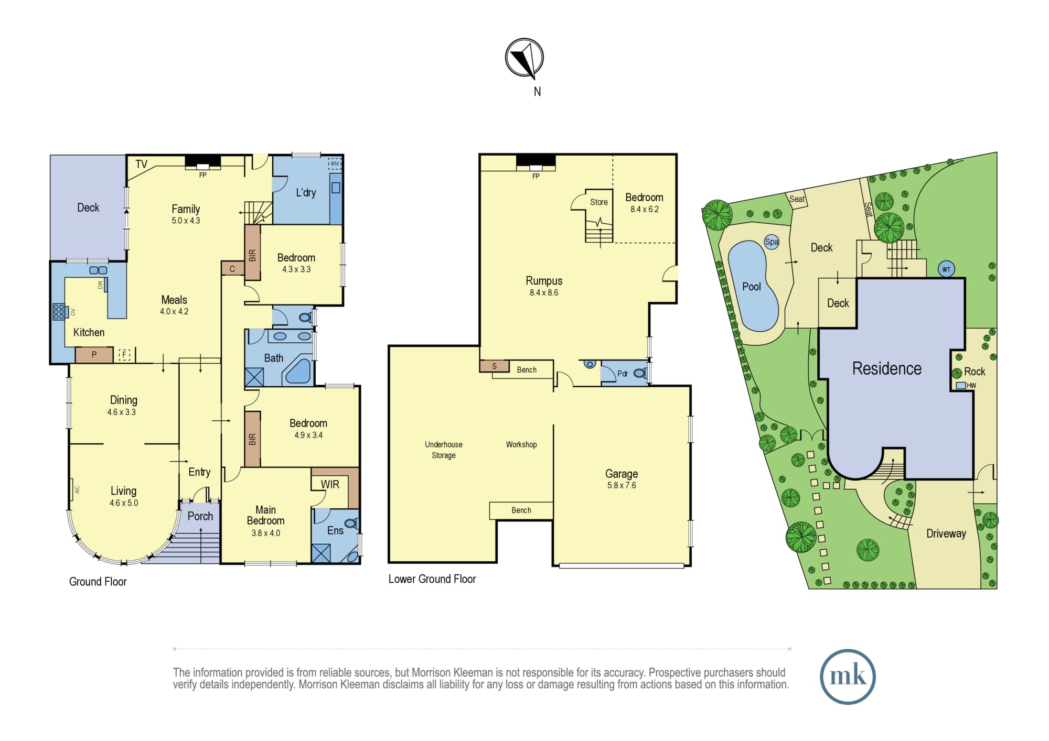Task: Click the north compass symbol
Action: [x=524, y=58]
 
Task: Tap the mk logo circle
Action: [x=848, y=677]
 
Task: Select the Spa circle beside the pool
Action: [x=772, y=242]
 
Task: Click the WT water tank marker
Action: [x=946, y=269]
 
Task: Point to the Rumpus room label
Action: [x=544, y=281]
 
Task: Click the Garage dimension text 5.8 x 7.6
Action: [x=622, y=485]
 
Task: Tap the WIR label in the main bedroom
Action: [x=330, y=484]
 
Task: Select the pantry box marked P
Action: [x=94, y=355]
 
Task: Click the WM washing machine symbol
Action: [x=335, y=164]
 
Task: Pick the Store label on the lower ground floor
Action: [x=599, y=202]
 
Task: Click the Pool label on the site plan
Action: [x=752, y=287]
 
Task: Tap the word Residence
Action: [x=887, y=368]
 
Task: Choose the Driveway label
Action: [x=946, y=533]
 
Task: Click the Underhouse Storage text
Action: [x=444, y=450]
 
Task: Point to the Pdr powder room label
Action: [x=623, y=374]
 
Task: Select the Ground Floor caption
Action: [x=98, y=582]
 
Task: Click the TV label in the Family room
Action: [x=141, y=164]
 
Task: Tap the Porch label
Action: [x=200, y=516]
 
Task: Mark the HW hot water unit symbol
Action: [x=961, y=385]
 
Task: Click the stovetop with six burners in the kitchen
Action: [x=58, y=312]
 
